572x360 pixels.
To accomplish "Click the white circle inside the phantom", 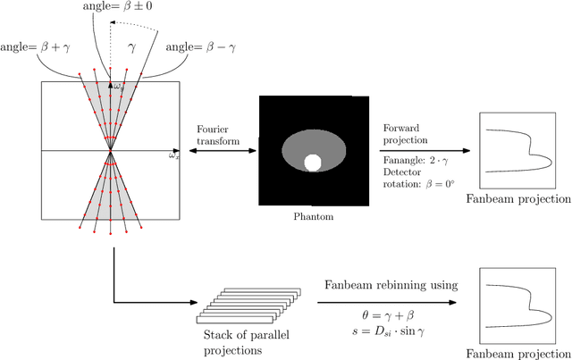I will [x=313, y=163].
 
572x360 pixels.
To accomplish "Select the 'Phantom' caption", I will [x=313, y=215].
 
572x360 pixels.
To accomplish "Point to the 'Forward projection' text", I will [x=406, y=135].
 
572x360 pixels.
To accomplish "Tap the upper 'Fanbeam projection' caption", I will [x=518, y=197].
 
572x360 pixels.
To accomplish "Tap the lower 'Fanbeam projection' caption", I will [x=518, y=351].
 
